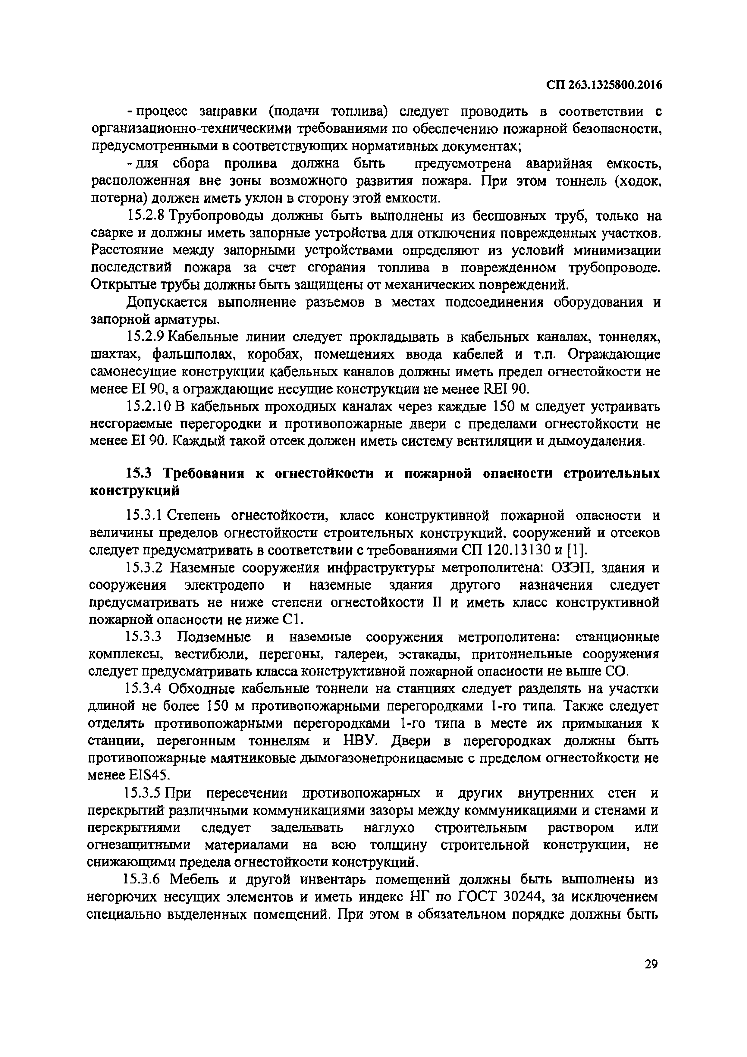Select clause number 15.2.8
click(145, 216)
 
